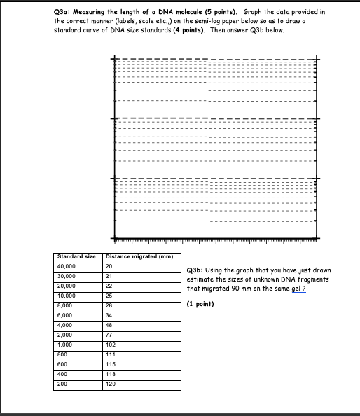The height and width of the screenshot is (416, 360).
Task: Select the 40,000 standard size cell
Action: click(x=67, y=266)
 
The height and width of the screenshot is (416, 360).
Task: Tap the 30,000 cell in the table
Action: click(x=67, y=276)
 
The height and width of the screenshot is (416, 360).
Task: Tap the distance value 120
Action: click(x=111, y=384)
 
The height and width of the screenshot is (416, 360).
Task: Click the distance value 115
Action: click(x=111, y=365)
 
